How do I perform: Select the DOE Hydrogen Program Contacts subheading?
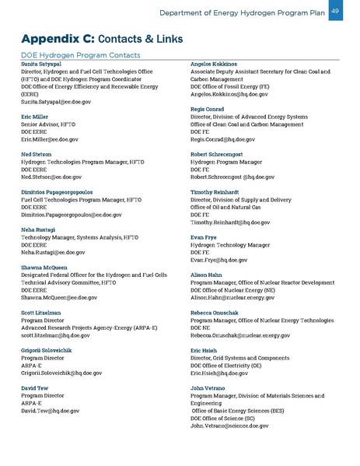pyautogui.click(x=79, y=54)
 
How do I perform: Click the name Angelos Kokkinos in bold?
pyautogui.click(x=219, y=64)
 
